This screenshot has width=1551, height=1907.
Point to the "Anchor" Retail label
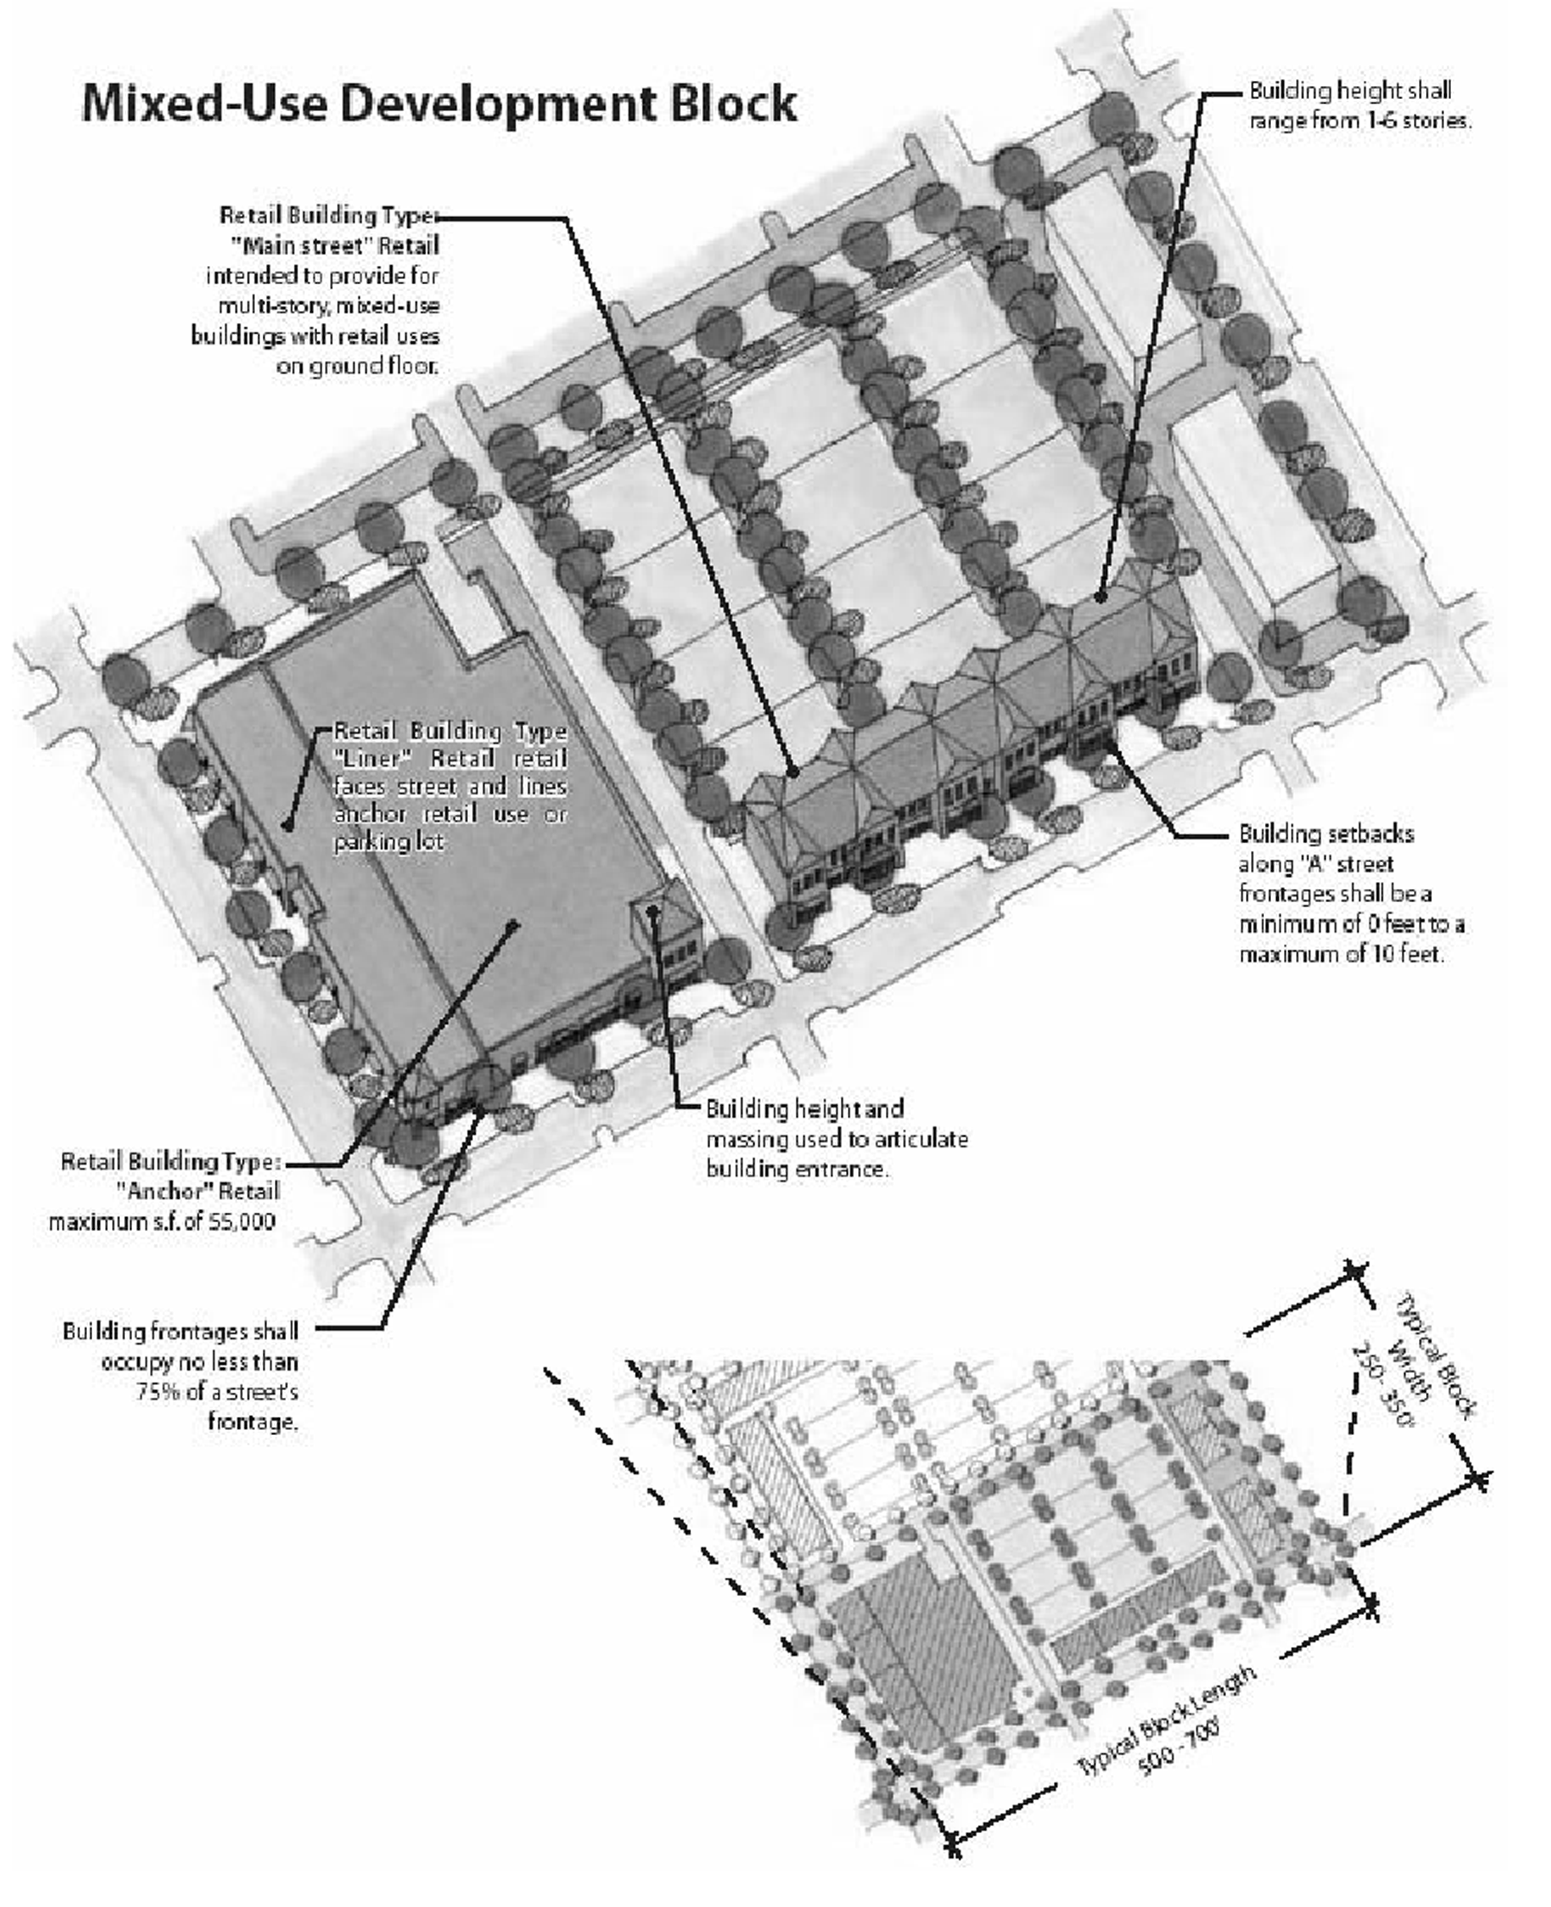click(x=198, y=1191)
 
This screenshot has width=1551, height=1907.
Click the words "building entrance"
click(x=798, y=1169)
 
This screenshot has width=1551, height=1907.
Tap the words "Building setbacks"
click(x=1326, y=835)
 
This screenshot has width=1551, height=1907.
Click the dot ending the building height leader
click(x=1101, y=596)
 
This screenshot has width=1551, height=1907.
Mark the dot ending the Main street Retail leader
click(x=793, y=770)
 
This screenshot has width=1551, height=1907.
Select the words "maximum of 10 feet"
click(x=1340, y=954)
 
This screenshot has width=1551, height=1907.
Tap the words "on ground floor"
click(x=358, y=366)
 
